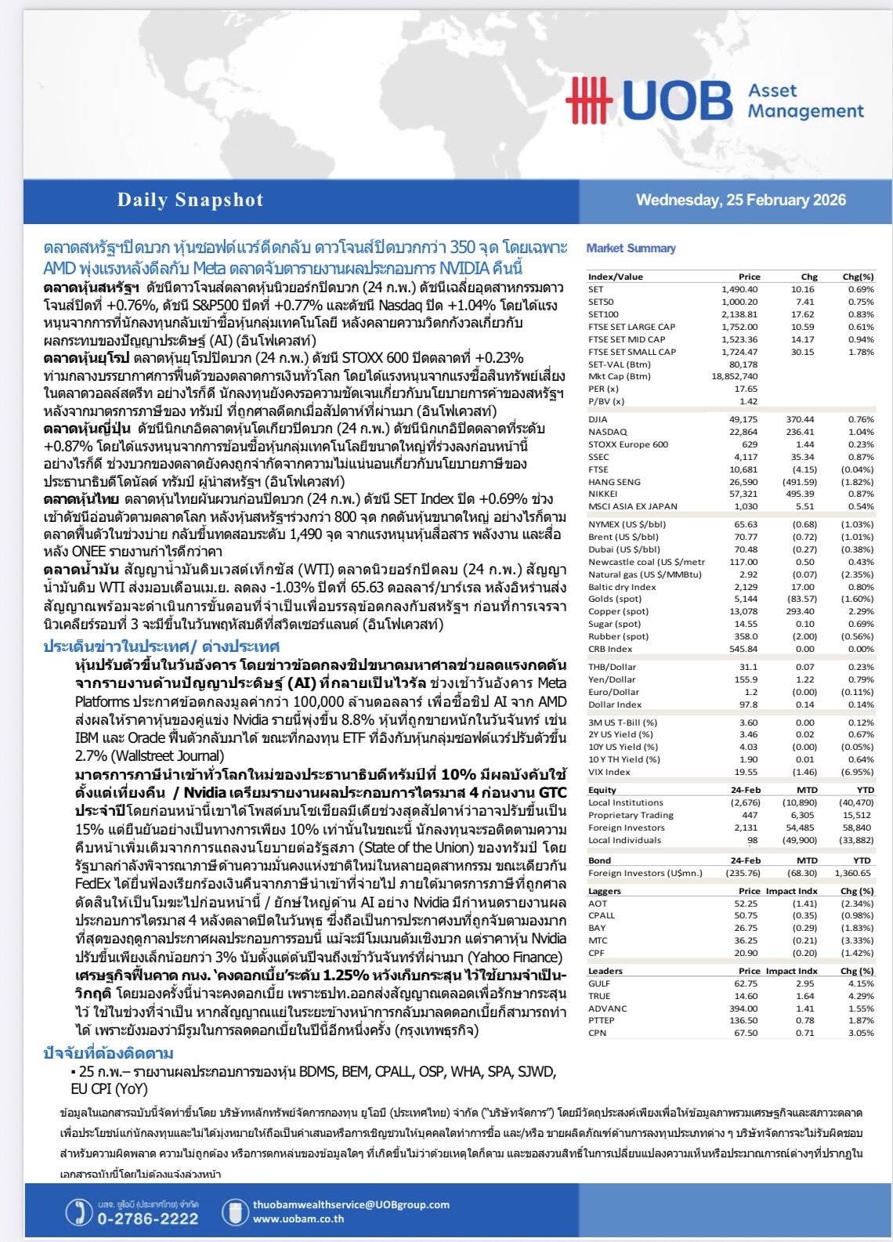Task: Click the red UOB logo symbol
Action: (x=588, y=100)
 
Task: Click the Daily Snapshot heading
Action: (x=190, y=200)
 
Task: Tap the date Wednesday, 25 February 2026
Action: (x=740, y=200)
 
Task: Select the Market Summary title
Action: (x=631, y=248)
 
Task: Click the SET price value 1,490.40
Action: (x=739, y=289)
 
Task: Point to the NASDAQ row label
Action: (x=608, y=432)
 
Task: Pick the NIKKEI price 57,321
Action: (x=743, y=494)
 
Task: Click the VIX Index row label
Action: (x=609, y=772)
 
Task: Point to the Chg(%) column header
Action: (x=858, y=277)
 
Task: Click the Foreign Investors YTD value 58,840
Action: (x=857, y=827)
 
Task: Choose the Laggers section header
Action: (x=604, y=891)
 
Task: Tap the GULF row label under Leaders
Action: (x=599, y=983)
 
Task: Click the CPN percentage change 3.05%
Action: (x=861, y=1033)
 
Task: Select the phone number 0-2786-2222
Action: (x=147, y=1218)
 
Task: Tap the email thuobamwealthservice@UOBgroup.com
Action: (x=351, y=1204)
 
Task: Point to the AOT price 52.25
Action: (x=746, y=903)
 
